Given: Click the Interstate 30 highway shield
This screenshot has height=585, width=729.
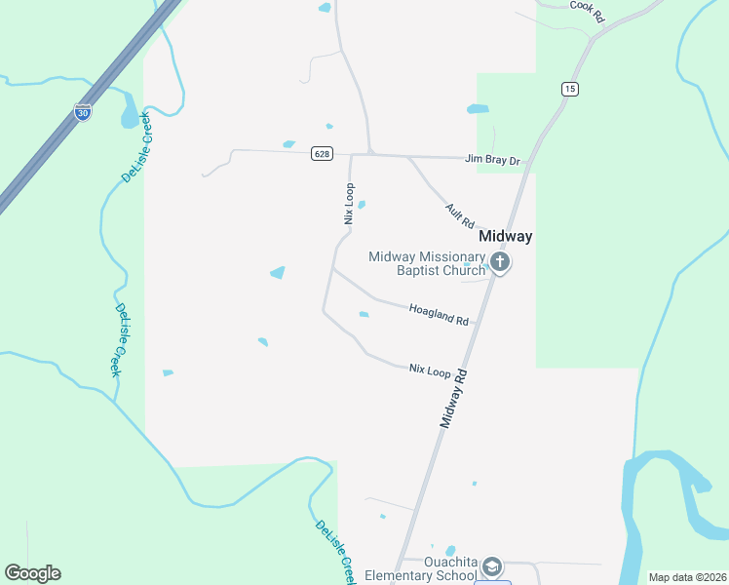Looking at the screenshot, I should pyautogui.click(x=83, y=111).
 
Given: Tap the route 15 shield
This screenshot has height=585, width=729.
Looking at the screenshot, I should pyautogui.click(x=569, y=89).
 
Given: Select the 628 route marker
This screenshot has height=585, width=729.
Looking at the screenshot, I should pyautogui.click(x=322, y=153).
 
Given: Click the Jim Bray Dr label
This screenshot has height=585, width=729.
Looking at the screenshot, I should pyautogui.click(x=493, y=158).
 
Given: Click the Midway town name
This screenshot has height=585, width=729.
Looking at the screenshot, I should pyautogui.click(x=505, y=237).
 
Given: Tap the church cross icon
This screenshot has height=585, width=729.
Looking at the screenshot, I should pyautogui.click(x=500, y=261).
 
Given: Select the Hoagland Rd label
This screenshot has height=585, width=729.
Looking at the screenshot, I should pyautogui.click(x=439, y=314).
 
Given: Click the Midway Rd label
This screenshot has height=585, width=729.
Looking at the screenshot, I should pyautogui.click(x=454, y=398).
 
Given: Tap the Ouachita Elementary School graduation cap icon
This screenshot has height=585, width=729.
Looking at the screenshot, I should pyautogui.click(x=493, y=567).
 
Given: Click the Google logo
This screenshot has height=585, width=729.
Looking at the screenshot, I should pyautogui.click(x=32, y=573).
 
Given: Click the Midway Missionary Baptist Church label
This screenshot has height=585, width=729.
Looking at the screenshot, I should pyautogui.click(x=426, y=263).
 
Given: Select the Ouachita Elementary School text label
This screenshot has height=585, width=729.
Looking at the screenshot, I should pyautogui.click(x=421, y=568).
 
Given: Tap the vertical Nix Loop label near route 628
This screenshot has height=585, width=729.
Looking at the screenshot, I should pyautogui.click(x=348, y=204).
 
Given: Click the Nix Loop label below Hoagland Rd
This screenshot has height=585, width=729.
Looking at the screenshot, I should pyautogui.click(x=430, y=370).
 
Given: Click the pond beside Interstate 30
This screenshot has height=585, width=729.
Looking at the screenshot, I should pyautogui.click(x=130, y=115).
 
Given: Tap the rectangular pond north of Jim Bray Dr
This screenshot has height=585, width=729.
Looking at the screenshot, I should pyautogui.click(x=478, y=108).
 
